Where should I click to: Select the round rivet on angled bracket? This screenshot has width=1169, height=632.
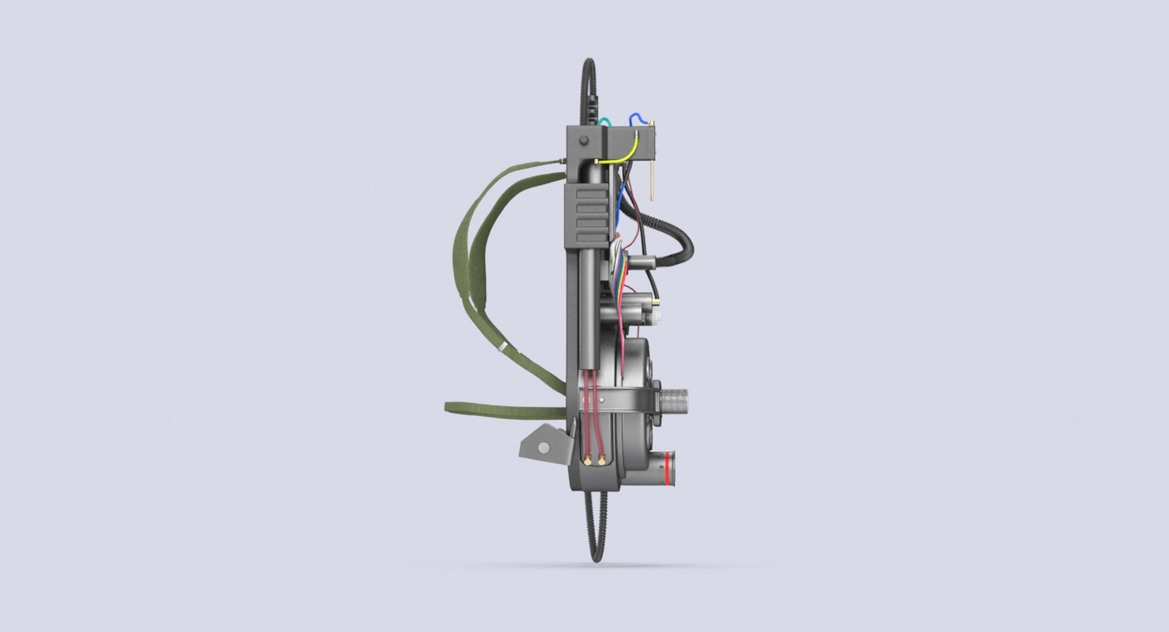(x=541, y=449)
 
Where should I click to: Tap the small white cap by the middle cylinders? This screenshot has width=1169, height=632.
(x=659, y=317)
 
